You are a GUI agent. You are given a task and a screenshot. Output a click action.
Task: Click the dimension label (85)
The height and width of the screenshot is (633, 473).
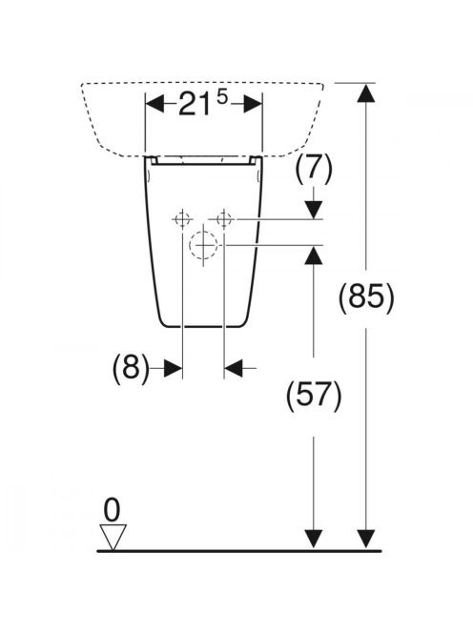[365, 298]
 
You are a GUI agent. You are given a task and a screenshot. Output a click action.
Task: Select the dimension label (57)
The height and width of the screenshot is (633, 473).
[314, 396]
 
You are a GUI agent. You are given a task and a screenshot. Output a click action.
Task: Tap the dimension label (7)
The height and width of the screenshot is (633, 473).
[314, 169]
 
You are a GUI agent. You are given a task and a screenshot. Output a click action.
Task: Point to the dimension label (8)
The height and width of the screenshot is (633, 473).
[131, 368]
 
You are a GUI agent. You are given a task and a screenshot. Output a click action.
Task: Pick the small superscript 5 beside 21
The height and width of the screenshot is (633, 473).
[222, 97]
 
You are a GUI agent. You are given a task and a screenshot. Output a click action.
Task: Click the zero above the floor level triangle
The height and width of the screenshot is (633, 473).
[112, 509]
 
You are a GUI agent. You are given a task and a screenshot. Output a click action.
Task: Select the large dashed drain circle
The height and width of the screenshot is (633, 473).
[203, 245]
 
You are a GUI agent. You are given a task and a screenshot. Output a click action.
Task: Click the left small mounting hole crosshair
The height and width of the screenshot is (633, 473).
[182, 219]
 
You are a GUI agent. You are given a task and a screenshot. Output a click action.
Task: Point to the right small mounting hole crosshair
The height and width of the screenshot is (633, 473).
[224, 219]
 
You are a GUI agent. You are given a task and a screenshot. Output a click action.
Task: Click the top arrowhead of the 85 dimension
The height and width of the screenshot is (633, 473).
[365, 93]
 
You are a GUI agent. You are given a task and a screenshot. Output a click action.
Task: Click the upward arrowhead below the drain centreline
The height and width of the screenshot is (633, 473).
[314, 255]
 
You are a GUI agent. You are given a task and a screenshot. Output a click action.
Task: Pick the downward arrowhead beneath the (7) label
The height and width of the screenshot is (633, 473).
[314, 210]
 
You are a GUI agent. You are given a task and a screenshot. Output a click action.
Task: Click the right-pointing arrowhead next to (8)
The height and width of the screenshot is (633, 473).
[174, 368]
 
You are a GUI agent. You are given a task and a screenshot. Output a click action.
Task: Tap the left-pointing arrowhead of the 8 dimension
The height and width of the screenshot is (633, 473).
[234, 368]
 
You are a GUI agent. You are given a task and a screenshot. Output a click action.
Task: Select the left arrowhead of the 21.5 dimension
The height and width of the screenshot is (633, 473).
[155, 104]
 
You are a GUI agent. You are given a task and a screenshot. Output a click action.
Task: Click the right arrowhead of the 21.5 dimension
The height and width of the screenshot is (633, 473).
[253, 104]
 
